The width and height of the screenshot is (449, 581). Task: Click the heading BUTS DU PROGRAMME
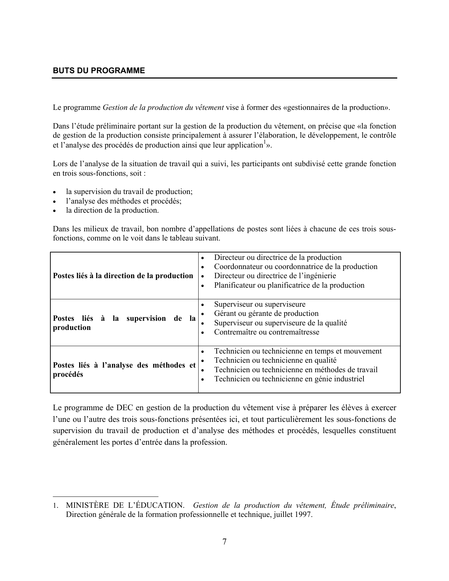99,70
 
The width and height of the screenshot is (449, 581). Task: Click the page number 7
224,542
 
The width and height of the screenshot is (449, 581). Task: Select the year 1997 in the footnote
303,514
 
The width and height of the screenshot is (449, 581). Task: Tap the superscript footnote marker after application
264,143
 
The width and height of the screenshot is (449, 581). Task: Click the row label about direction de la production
123,276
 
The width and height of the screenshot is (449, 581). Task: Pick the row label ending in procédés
124,370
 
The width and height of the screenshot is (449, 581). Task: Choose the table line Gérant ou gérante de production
266,313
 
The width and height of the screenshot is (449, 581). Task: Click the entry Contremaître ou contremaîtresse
267,332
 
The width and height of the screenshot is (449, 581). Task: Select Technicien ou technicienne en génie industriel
289,379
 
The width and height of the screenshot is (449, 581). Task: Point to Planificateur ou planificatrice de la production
289,285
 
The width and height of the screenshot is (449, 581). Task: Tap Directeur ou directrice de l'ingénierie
275,276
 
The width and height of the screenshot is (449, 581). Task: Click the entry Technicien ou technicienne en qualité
275,360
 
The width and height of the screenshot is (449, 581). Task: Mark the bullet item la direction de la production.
112,210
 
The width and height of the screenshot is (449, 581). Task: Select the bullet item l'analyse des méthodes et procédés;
124,201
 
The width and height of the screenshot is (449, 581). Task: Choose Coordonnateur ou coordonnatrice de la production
295,267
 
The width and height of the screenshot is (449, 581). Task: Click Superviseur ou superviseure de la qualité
280,323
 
